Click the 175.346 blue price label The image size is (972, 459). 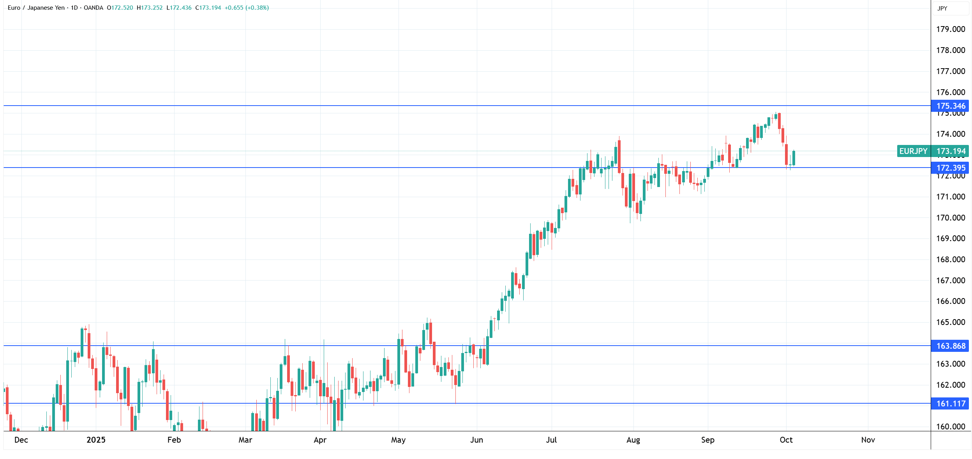pos(950,106)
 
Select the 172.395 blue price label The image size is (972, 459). pos(950,168)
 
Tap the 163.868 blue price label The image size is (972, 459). pos(950,346)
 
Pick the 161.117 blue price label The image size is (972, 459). pos(950,404)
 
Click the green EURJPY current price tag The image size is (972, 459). pos(932,151)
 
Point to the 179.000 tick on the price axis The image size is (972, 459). pos(950,29)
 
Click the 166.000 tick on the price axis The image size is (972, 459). pos(950,301)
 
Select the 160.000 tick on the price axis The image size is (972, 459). pos(950,427)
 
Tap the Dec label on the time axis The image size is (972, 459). pos(21,440)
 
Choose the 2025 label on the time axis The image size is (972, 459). pos(96,440)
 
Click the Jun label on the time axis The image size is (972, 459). pos(476,440)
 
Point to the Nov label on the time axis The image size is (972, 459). pos(868,440)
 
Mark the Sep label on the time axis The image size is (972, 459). pos(707,440)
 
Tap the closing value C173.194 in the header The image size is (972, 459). pos(208,8)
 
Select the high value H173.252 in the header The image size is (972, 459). pos(150,8)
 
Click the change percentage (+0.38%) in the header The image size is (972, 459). pos(257,8)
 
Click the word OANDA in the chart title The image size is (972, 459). pos(93,8)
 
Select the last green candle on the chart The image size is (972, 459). pos(794,158)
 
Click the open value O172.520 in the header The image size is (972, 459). pos(120,8)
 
